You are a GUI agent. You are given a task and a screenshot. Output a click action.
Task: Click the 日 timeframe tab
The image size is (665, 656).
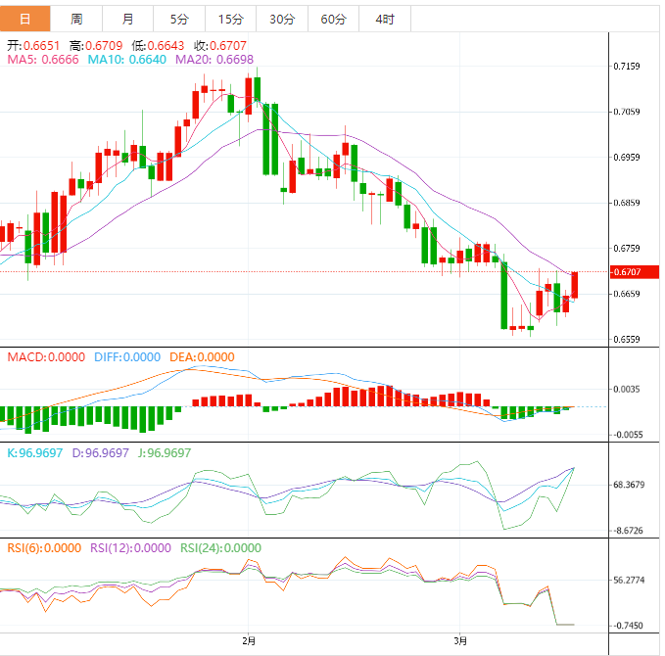coord(24,19)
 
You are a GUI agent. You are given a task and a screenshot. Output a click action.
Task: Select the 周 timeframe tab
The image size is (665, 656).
coord(76,19)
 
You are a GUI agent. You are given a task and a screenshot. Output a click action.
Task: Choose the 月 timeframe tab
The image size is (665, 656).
coord(128,19)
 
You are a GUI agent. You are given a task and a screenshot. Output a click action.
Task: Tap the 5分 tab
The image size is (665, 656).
coord(179,19)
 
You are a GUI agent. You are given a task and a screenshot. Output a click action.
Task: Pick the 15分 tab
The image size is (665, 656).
coord(230,19)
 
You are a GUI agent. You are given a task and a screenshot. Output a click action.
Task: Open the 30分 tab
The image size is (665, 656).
coord(281,19)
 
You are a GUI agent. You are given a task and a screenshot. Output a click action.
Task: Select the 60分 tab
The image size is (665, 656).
coord(333,19)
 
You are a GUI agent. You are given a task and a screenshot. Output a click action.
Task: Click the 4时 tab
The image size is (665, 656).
coord(384,19)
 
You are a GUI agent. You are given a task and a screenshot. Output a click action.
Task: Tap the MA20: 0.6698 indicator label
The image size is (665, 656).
coord(214,60)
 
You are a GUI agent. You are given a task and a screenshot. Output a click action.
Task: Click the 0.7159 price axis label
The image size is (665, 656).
coord(627,67)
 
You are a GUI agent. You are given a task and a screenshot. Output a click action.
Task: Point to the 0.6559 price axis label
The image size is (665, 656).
coord(627,340)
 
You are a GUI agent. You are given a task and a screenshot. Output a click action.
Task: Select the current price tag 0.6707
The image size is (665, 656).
coord(630,271)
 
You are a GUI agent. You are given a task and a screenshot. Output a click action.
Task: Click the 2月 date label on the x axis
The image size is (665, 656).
coord(249,641)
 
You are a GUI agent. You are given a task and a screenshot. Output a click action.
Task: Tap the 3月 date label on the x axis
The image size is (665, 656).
coord(461,641)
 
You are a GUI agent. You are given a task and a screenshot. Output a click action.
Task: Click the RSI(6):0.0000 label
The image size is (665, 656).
coord(44,548)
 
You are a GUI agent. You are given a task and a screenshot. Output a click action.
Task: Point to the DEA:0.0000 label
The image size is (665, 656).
coord(204,357)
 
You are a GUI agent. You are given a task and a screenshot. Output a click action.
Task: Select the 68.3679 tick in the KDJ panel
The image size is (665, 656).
coord(629,485)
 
